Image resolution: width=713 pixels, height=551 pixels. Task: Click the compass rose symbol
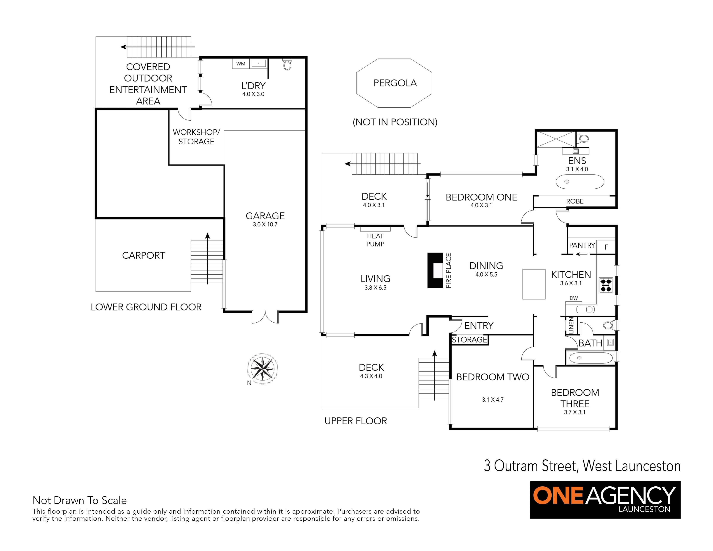pos(263,369)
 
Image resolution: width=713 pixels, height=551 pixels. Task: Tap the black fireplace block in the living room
pos(435,270)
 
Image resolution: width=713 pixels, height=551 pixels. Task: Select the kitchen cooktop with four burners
pos(606,285)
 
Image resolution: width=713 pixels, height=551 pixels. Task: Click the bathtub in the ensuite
pos(580,182)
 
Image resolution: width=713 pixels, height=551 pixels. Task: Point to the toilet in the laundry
pos(287,64)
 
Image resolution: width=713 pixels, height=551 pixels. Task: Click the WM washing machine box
pos(241,64)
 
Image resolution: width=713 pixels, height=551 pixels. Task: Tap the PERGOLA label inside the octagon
pos(395,83)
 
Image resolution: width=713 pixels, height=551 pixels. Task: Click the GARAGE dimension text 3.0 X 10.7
pos(265,225)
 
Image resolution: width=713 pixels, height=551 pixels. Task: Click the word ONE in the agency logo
pos(558,495)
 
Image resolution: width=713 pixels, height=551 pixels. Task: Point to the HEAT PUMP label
pos(376,240)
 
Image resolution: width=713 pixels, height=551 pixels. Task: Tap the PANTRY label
pos(582,245)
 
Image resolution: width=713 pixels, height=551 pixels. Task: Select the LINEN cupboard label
pos(571,325)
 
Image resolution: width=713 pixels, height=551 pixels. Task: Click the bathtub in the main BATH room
pos(591,358)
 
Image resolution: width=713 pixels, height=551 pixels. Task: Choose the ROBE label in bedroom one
pos(575,201)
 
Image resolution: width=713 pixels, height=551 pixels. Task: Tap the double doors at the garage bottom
pos(265,317)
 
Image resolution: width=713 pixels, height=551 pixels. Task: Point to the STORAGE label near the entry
pos(469,340)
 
